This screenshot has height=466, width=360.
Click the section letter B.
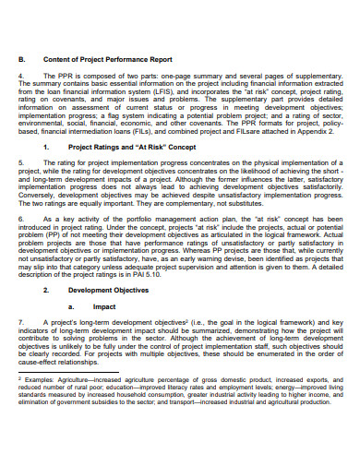pos(21,58)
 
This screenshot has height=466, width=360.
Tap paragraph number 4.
pos(20,76)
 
